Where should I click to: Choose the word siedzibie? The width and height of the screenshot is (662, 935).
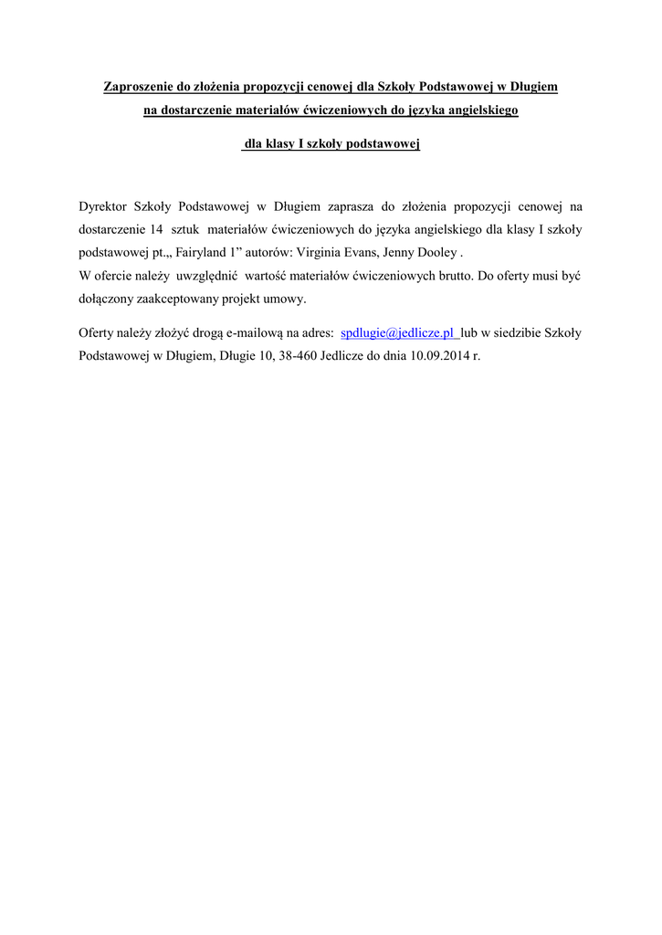(518, 334)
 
